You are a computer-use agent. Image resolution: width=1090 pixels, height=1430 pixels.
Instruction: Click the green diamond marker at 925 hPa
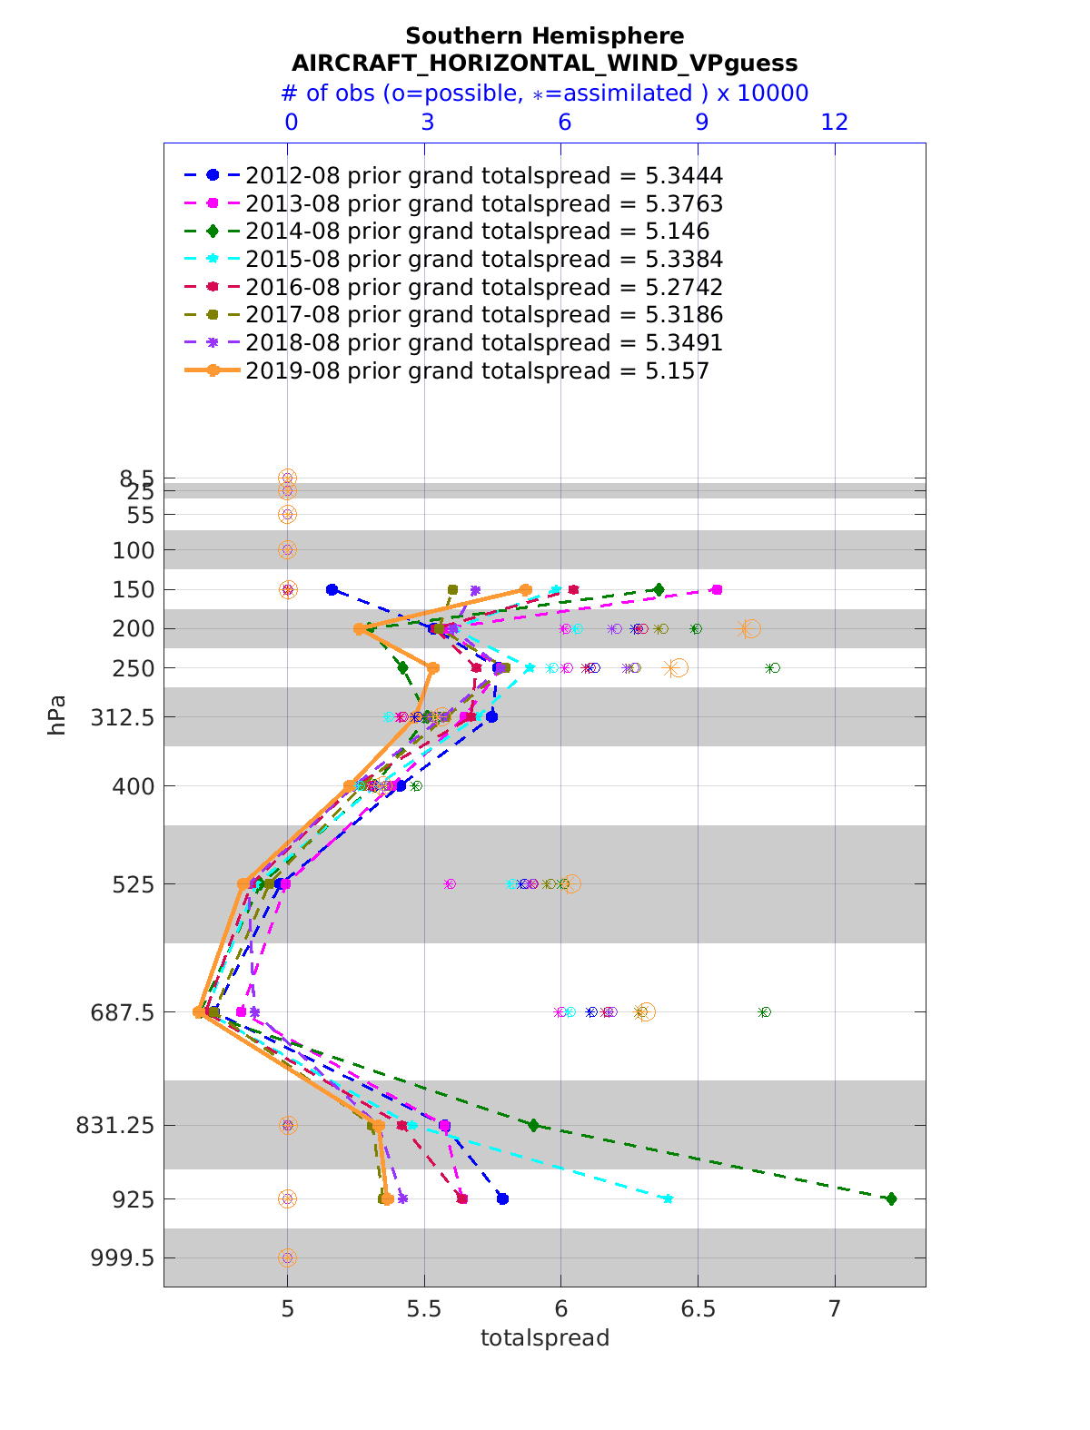[x=891, y=1198]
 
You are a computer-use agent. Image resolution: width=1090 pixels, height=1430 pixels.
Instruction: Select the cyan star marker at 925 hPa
[x=669, y=1198]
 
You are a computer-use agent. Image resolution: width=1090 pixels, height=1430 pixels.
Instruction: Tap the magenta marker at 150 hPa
[x=717, y=589]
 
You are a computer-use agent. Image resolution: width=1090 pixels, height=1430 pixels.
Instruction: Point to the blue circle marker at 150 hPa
[x=332, y=589]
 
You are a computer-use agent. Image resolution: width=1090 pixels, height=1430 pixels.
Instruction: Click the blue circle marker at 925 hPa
[x=502, y=1198]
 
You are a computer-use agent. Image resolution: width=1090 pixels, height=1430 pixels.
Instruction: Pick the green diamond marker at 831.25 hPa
[x=533, y=1125]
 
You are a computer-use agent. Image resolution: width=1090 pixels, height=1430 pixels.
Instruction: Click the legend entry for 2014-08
[x=477, y=232]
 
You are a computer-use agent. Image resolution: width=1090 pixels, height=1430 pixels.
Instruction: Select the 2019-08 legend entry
[x=477, y=370]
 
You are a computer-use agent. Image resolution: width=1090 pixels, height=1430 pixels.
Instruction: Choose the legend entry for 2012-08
[x=483, y=175]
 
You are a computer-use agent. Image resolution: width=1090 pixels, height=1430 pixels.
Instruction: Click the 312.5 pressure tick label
[x=125, y=717]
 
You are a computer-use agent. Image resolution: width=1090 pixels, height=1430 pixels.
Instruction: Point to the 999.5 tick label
[x=125, y=1257]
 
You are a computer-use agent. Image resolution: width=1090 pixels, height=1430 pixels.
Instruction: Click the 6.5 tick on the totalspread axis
[x=698, y=1308]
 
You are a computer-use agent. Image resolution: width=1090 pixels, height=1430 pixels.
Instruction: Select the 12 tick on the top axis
[x=835, y=123]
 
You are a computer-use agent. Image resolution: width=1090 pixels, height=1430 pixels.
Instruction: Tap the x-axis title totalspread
[x=544, y=1338]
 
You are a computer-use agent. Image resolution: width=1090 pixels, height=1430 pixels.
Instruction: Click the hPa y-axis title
[x=57, y=715]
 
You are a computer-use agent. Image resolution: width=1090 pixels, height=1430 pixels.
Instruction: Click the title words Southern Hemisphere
[x=544, y=36]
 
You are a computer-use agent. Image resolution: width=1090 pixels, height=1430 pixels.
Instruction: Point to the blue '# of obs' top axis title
[x=544, y=94]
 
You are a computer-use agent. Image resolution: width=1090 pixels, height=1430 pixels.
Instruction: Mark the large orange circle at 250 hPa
[x=679, y=668]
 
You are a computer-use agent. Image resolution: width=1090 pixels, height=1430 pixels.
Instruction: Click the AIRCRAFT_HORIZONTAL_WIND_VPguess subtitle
[x=544, y=64]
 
